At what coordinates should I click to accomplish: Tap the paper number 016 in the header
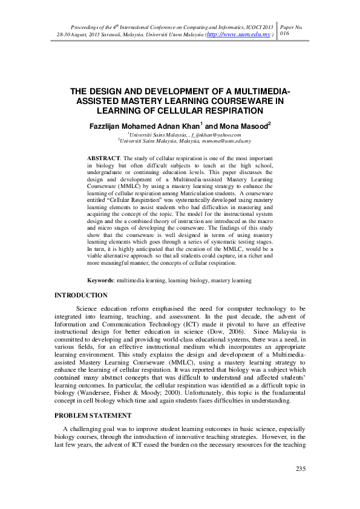click(287, 35)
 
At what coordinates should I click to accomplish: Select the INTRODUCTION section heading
click(81, 295)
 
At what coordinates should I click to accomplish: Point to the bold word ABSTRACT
click(103, 157)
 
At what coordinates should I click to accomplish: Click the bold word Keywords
click(101, 280)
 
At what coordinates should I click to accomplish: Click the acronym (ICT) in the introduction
click(154, 325)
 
